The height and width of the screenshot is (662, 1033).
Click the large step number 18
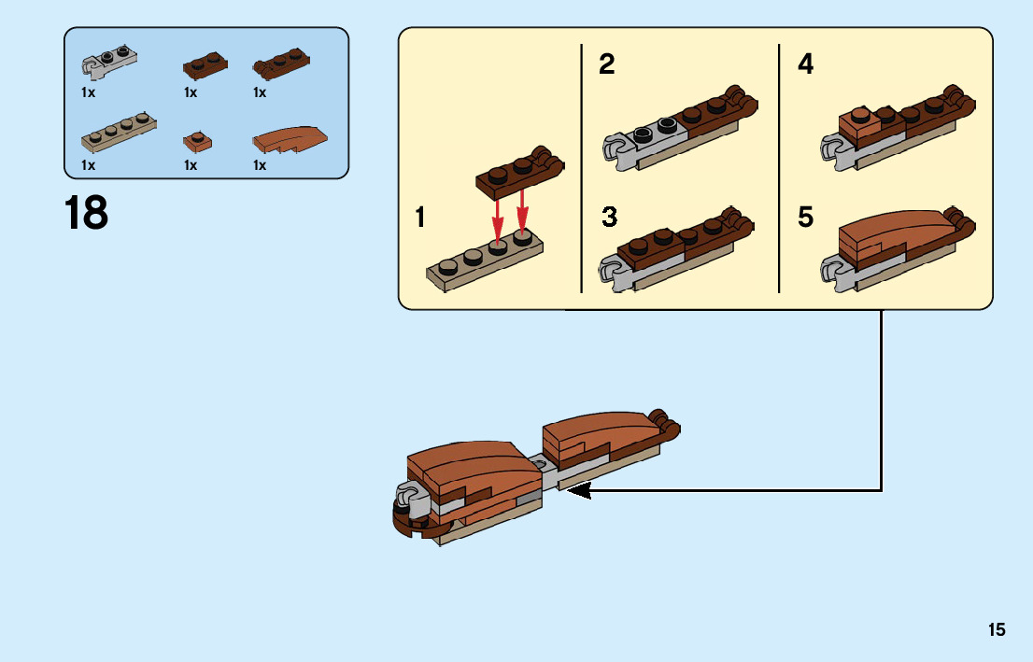pyautogui.click(x=86, y=213)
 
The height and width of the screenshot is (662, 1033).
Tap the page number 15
pyautogui.click(x=997, y=630)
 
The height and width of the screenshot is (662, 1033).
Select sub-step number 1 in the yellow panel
pyautogui.click(x=420, y=218)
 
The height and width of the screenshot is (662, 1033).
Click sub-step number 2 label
pyautogui.click(x=607, y=65)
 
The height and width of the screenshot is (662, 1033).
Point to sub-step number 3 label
pyautogui.click(x=609, y=218)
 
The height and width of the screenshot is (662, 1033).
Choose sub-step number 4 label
pyautogui.click(x=805, y=65)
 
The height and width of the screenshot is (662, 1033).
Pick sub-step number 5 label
pyautogui.click(x=805, y=218)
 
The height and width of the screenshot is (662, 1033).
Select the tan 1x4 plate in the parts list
pyautogui.click(x=119, y=134)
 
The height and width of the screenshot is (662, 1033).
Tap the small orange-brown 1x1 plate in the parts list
pyautogui.click(x=197, y=141)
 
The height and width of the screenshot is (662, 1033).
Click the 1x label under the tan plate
pyautogui.click(x=89, y=165)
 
